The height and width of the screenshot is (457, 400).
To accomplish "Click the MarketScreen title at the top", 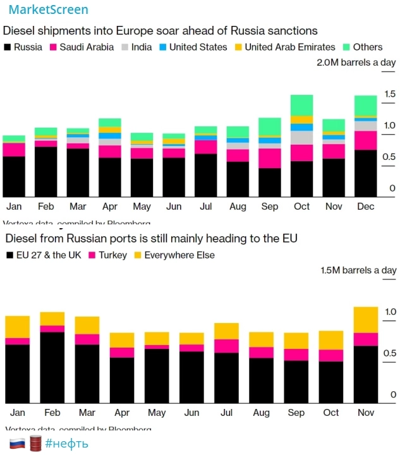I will coord(48,9).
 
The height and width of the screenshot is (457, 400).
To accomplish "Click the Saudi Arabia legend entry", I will coord(87,47).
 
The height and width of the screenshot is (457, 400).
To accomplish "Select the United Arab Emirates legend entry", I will coord(290,47).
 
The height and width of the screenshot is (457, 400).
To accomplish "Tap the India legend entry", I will coord(142,47).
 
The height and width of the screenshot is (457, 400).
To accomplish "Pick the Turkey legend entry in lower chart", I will coord(112,255).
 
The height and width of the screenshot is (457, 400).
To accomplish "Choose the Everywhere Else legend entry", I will coord(179,255).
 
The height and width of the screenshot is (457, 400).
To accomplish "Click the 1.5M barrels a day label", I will coord(358,270).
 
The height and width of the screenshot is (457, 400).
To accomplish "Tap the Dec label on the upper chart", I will coord(365,207).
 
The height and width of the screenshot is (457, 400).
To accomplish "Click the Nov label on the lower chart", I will coord(365,413).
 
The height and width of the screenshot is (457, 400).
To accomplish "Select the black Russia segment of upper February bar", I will coord(45,172).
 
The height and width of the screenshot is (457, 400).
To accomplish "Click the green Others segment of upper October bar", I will coord(301,105).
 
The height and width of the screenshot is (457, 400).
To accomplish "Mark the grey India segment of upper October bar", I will coord(301,138).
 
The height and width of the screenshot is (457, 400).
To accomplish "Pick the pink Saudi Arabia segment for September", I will coord(270,158).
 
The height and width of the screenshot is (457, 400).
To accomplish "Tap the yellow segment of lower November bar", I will coord(365,320).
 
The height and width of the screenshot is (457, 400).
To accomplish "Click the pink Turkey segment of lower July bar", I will coord(226,346).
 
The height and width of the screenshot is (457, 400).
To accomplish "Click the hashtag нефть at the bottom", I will coord(67,444).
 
